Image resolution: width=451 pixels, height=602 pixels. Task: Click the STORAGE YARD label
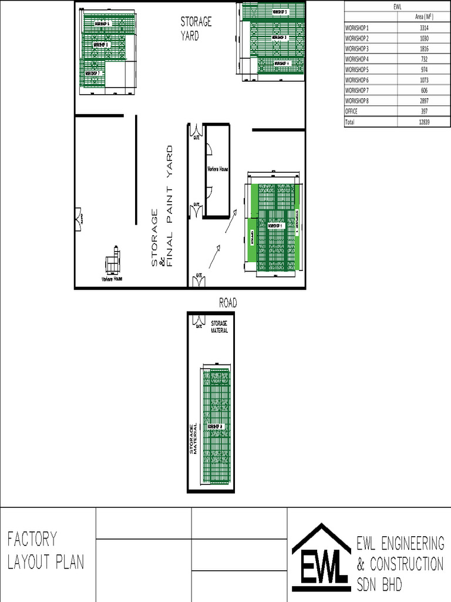tap(196, 28)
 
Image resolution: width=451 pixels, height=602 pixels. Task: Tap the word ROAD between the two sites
tap(228, 303)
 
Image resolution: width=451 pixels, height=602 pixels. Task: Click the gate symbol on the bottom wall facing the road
tap(199, 280)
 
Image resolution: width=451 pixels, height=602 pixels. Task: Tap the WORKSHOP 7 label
tap(93, 73)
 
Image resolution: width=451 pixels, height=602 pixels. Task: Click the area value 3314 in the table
tap(424, 28)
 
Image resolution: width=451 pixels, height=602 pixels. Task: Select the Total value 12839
tap(424, 122)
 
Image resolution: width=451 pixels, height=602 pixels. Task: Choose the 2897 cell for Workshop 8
tap(424, 101)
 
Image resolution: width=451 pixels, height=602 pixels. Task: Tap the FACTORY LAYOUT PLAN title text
tap(46, 550)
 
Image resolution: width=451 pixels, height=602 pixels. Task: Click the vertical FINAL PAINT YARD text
tap(170, 206)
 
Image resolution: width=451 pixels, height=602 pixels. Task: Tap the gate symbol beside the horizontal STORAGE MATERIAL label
tap(198, 322)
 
